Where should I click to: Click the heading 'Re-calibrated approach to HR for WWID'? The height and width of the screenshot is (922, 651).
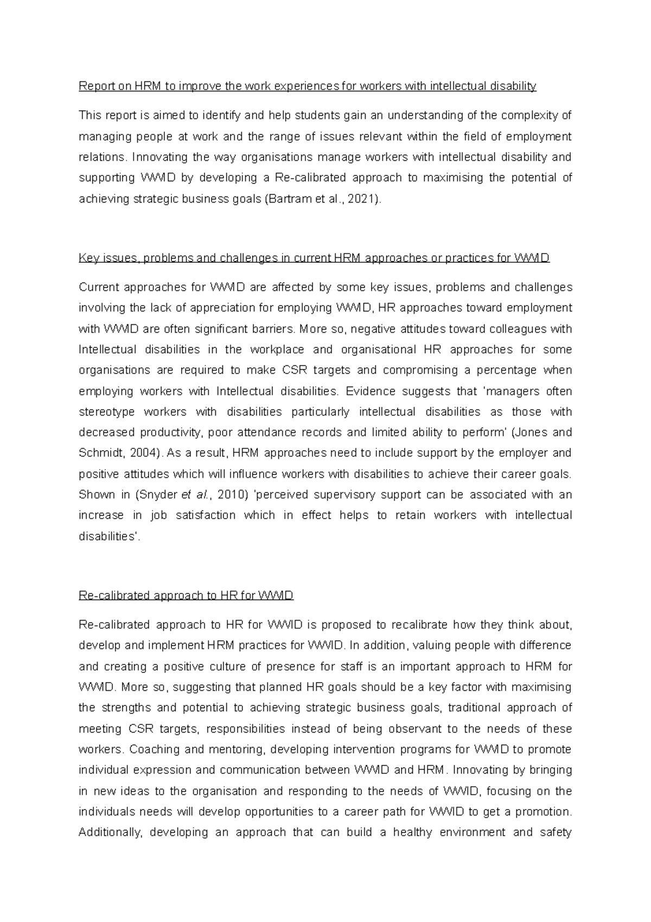(x=186, y=595)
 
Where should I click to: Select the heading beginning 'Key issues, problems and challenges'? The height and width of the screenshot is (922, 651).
(x=314, y=258)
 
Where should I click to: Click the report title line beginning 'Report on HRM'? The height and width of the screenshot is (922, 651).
(x=307, y=86)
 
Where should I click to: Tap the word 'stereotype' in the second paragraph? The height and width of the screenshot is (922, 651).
(x=106, y=412)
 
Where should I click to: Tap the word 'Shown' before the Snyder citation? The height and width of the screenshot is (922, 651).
(x=97, y=495)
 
